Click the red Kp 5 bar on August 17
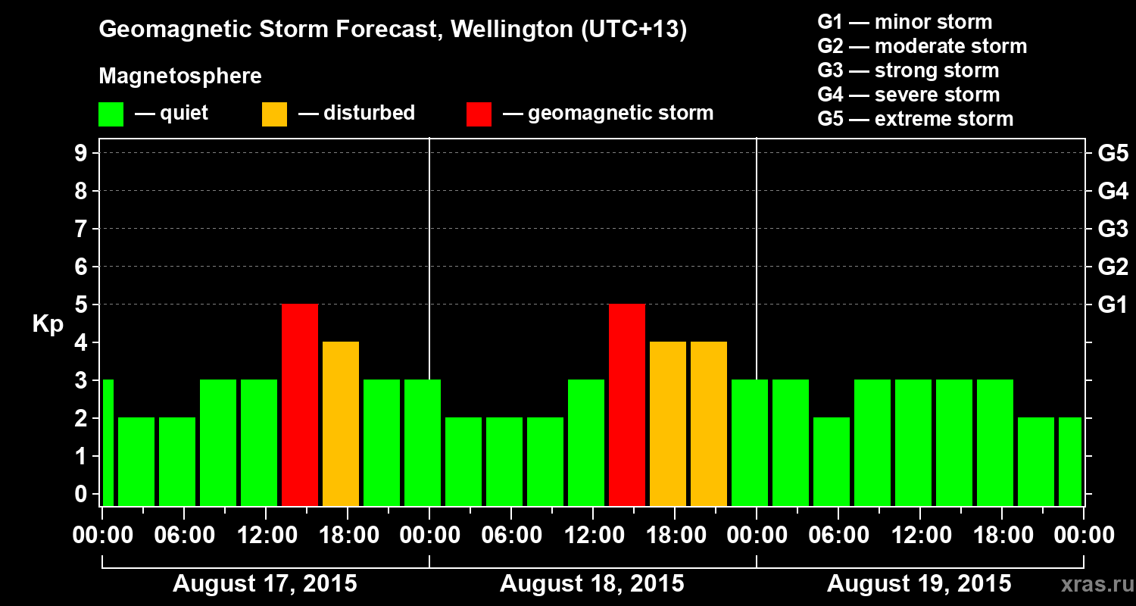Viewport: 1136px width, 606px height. [x=299, y=405]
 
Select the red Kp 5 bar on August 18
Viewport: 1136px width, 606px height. [x=626, y=405]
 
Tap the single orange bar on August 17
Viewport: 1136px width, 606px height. [x=340, y=423]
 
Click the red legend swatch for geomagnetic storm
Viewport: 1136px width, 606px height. [x=479, y=114]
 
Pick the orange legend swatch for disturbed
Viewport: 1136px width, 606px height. [x=274, y=114]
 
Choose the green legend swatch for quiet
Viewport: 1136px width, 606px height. [x=111, y=114]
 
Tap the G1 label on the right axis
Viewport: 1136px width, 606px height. [x=1113, y=305]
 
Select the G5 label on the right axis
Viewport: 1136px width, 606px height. [x=1113, y=154]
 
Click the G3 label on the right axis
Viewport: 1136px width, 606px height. [x=1113, y=230]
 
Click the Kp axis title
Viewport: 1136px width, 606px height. [x=48, y=325]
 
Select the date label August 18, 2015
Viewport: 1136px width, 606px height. [x=592, y=584]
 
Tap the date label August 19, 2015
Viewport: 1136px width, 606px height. [x=919, y=584]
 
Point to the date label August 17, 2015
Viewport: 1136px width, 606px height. [x=265, y=584]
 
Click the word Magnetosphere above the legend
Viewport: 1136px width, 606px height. [x=180, y=77]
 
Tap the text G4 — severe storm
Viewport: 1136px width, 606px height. [x=909, y=95]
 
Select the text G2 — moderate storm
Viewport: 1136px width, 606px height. [x=922, y=46]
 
